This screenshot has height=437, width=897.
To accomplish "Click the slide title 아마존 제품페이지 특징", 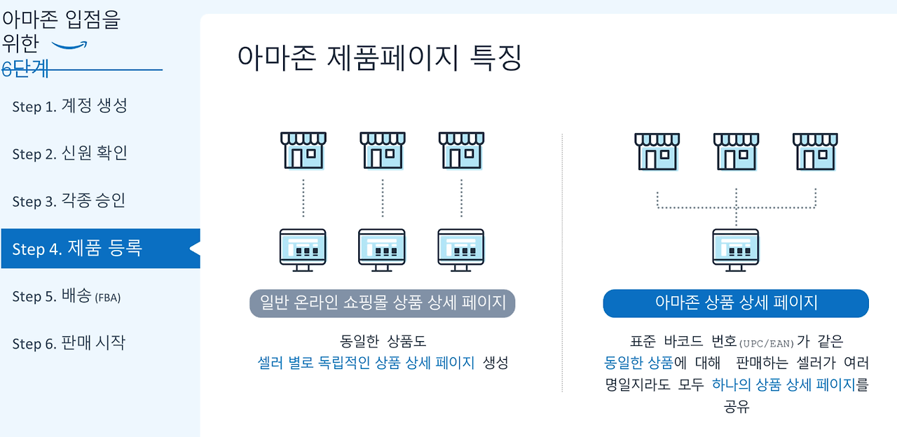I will (x=379, y=58).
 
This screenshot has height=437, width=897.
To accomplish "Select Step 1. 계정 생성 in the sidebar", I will (x=69, y=106).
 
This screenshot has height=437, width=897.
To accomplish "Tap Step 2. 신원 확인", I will (x=69, y=153).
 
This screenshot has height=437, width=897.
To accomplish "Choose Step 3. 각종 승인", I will (x=69, y=201).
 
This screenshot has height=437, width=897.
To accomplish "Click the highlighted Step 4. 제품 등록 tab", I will (x=77, y=248).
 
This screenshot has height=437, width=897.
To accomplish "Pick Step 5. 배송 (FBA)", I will (x=67, y=296).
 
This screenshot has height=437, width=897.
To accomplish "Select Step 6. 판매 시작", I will (x=69, y=343).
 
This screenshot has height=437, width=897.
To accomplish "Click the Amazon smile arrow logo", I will (x=70, y=46).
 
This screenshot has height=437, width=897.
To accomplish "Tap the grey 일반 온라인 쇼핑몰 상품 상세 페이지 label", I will (x=383, y=303).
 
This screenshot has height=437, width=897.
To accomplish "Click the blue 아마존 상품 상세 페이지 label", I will (x=736, y=303).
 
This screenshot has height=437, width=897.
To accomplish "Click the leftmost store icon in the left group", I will (x=303, y=150).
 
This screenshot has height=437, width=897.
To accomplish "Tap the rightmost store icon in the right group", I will (x=815, y=150).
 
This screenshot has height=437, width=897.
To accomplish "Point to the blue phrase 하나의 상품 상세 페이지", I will (x=783, y=384).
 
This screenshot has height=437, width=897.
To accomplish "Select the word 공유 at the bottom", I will (x=737, y=406).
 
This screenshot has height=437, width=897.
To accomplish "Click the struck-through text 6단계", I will (x=25, y=69).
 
